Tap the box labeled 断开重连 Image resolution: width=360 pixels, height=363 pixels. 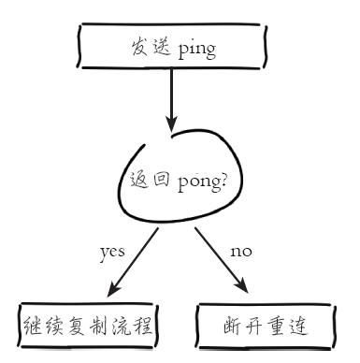click(x=264, y=327)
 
